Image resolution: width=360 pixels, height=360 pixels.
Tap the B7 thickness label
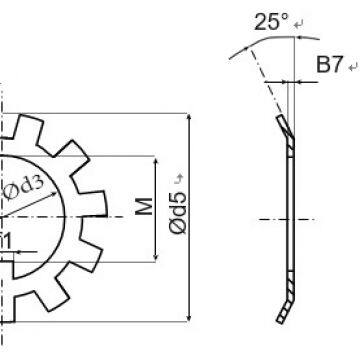(x=329, y=65)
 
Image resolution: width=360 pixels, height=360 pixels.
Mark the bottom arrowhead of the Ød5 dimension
(x=189, y=318)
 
